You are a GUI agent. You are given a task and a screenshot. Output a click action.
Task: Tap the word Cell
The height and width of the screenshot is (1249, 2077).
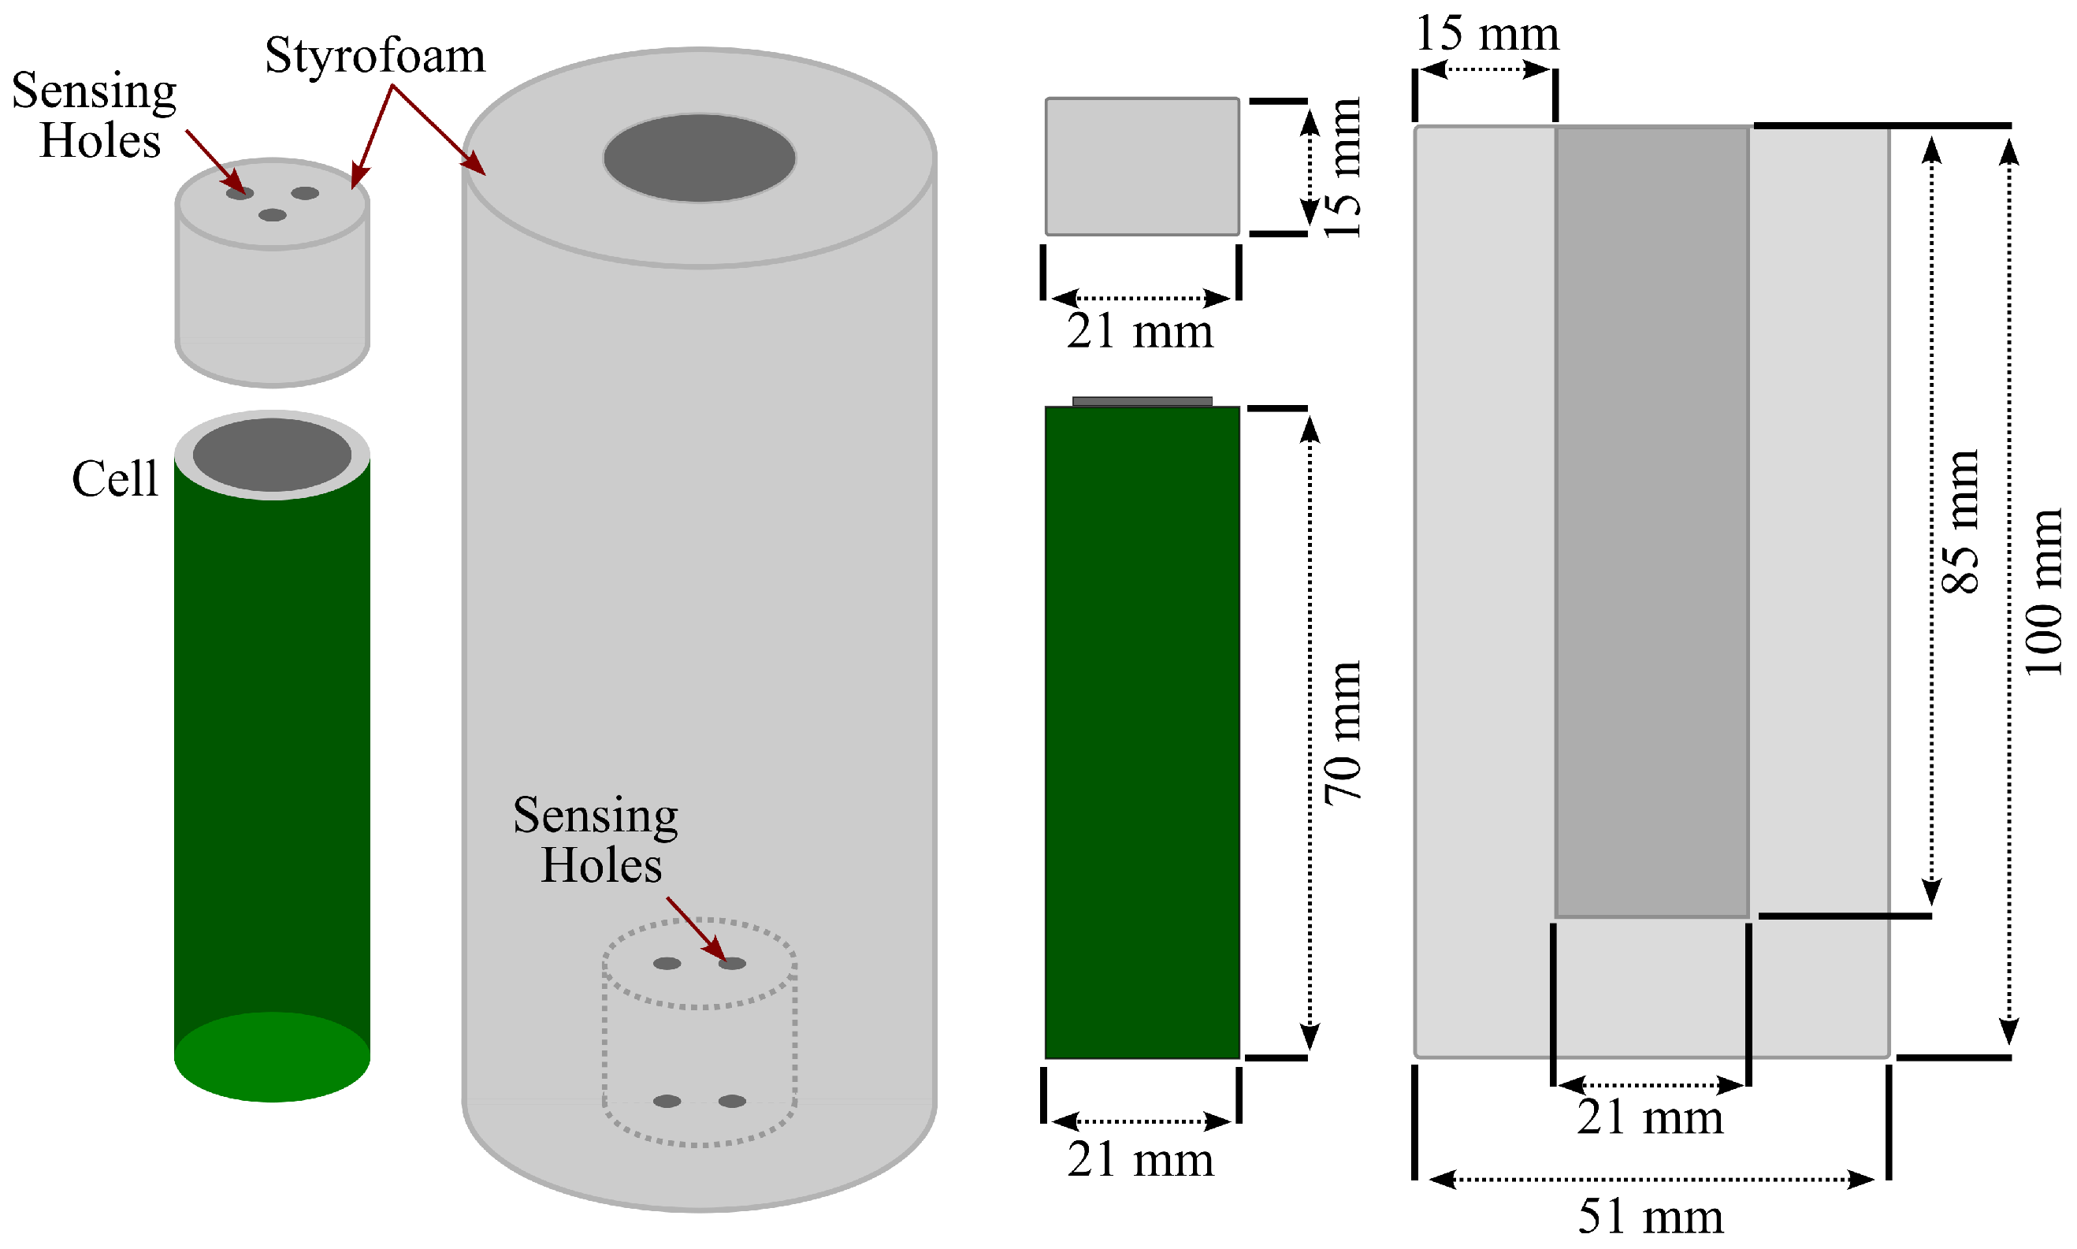[x=114, y=479]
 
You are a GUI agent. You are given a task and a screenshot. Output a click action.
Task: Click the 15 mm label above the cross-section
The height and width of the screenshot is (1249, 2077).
[x=1486, y=34]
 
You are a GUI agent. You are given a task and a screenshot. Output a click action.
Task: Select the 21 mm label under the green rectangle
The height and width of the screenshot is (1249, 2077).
[x=1140, y=1159]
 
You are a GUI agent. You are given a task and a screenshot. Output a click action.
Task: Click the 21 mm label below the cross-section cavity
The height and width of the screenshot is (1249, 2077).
[x=1649, y=1117]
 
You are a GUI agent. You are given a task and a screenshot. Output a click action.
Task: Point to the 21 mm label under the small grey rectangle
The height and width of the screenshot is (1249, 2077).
[x=1140, y=331]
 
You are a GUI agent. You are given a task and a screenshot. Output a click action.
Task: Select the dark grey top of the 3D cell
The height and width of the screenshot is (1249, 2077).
[x=272, y=455]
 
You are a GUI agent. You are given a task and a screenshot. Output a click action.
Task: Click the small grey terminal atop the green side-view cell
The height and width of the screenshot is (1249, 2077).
[x=1142, y=401]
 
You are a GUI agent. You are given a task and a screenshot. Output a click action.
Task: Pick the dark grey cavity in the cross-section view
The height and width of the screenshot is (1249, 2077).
[x=1652, y=522]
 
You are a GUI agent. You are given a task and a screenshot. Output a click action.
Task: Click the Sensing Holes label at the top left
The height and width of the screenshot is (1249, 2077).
[x=95, y=115]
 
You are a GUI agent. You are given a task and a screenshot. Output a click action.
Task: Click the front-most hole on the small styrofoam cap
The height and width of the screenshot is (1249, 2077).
[x=272, y=215]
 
